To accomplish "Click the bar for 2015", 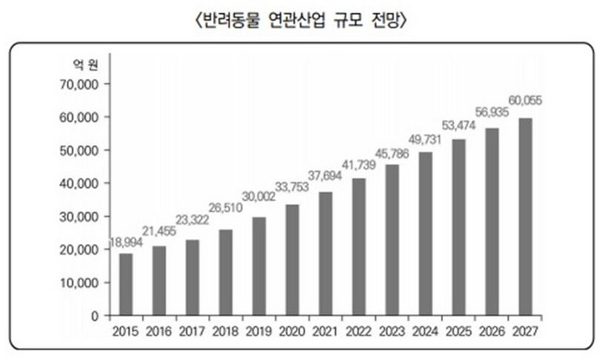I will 126,284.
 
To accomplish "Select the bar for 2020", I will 292,260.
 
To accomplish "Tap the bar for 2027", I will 525,217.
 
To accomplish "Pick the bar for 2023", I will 392,240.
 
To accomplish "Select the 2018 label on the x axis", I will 226,331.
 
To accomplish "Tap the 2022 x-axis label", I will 359,331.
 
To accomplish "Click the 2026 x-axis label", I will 492,331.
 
